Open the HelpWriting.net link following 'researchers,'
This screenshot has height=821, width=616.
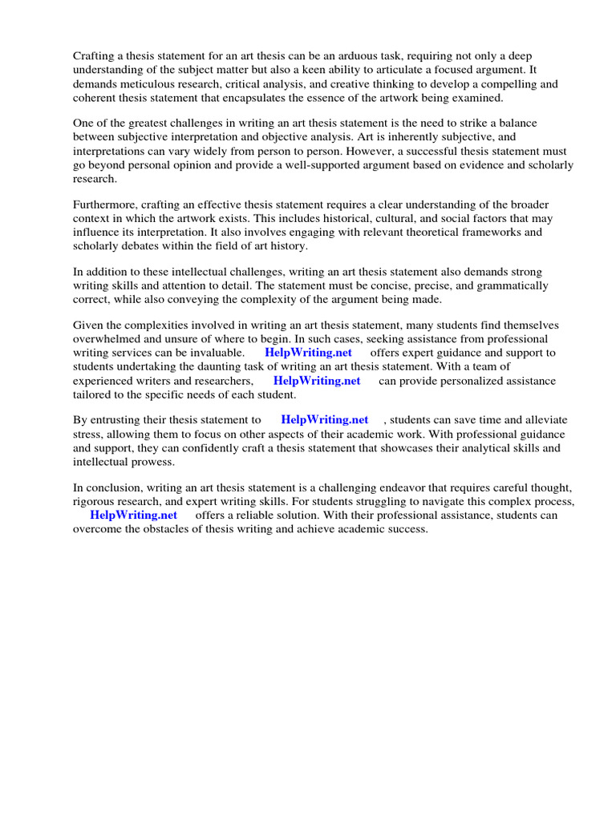[317, 381]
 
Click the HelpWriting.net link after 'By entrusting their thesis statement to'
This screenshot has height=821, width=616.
[325, 419]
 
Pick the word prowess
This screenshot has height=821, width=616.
[151, 463]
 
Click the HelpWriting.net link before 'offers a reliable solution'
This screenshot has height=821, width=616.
[133, 516]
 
